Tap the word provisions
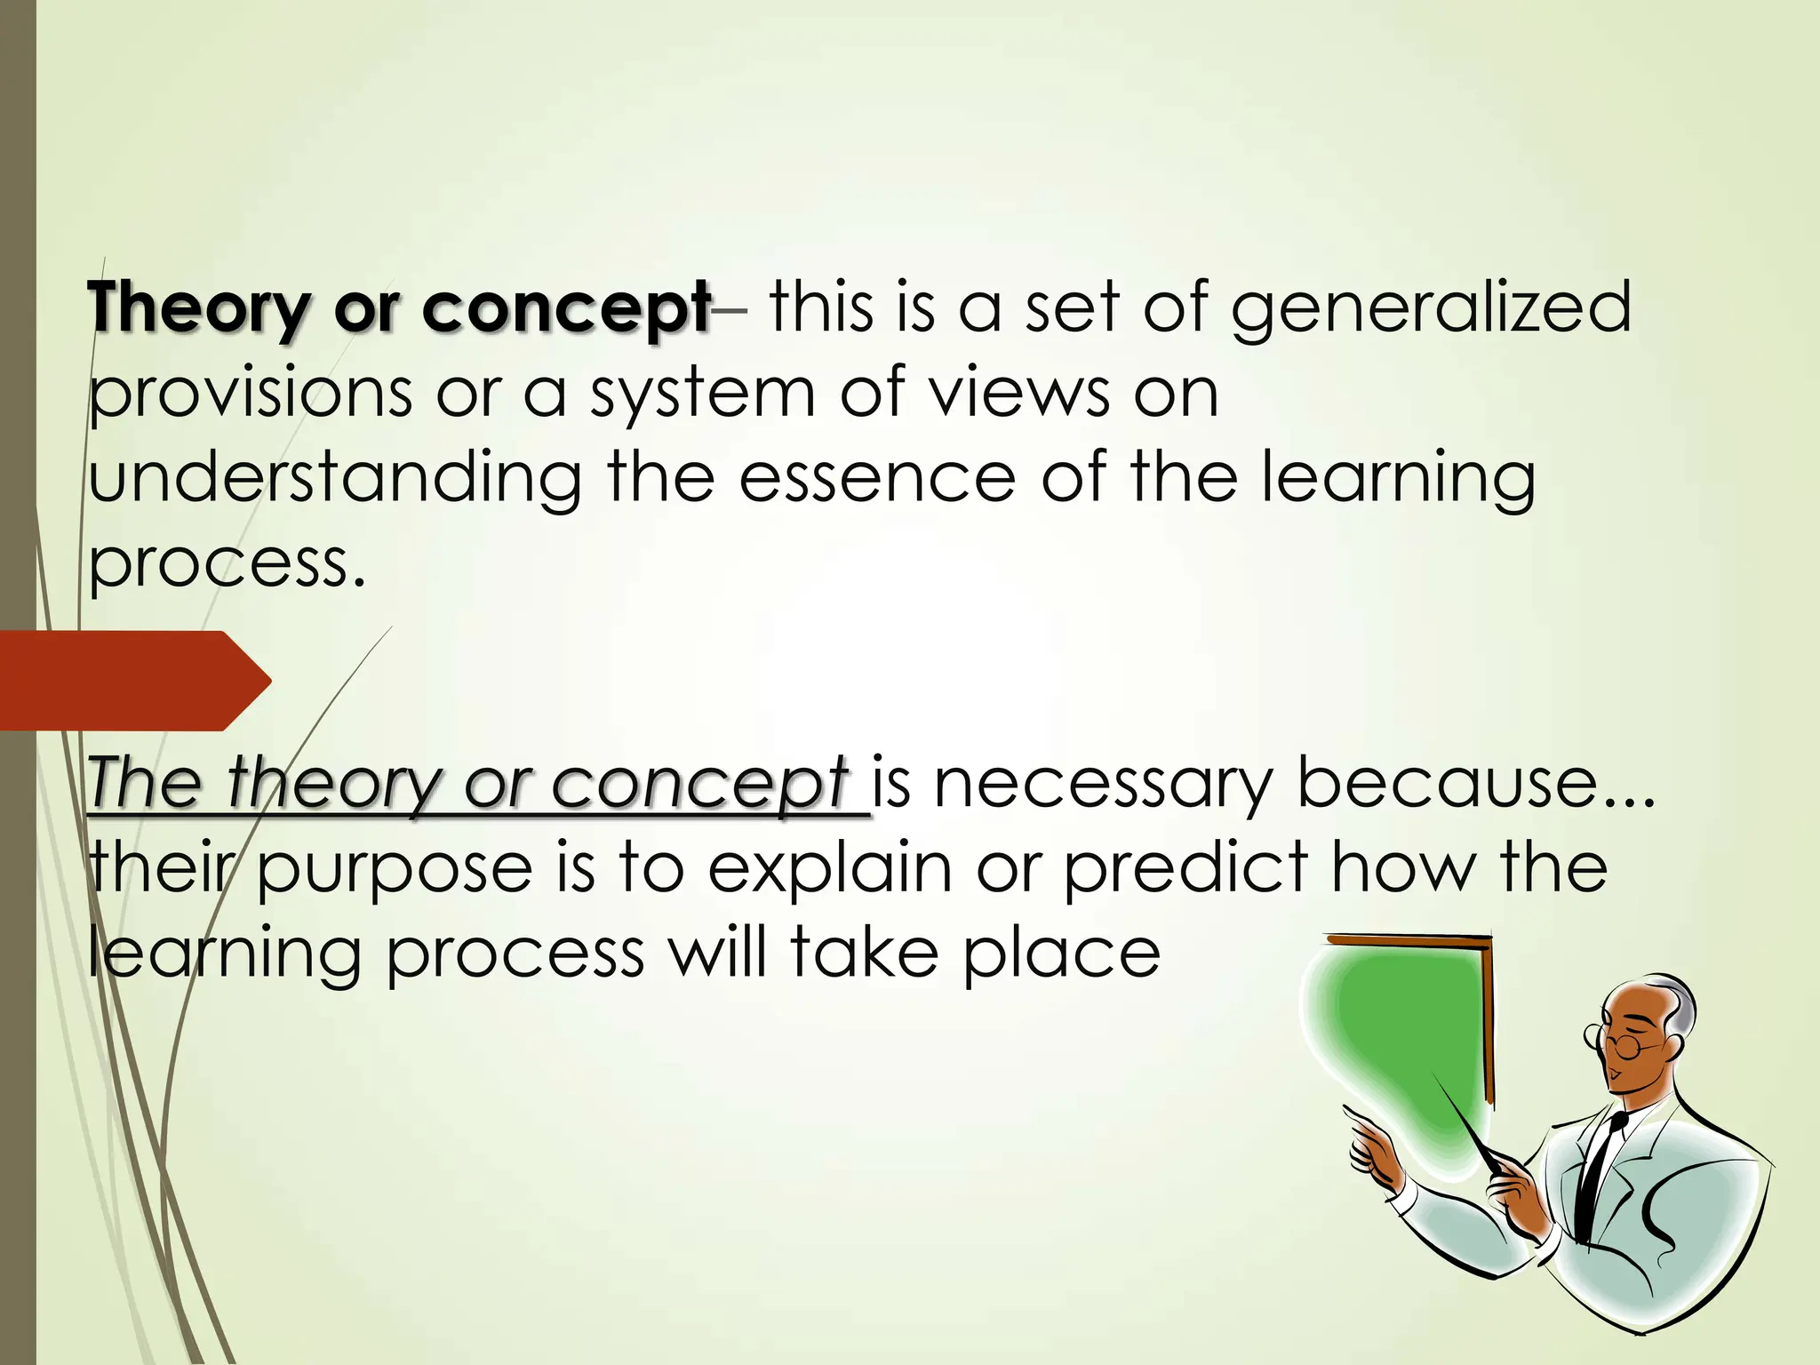coord(251,395)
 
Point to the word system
coord(702,395)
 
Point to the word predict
coord(1185,868)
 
